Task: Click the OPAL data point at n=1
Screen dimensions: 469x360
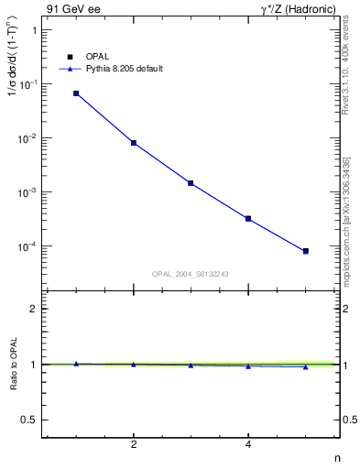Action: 76,93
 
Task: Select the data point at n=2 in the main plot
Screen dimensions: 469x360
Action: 134,143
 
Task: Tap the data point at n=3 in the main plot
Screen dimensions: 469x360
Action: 191,183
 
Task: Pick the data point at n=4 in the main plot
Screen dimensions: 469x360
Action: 248,219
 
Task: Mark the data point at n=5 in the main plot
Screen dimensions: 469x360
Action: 306,251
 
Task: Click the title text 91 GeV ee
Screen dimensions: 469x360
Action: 72,10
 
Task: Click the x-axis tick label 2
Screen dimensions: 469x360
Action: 134,444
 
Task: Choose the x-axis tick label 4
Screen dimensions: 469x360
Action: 248,444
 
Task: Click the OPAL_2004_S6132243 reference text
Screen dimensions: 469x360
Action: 191,273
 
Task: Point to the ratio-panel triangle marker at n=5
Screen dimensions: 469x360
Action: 306,366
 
